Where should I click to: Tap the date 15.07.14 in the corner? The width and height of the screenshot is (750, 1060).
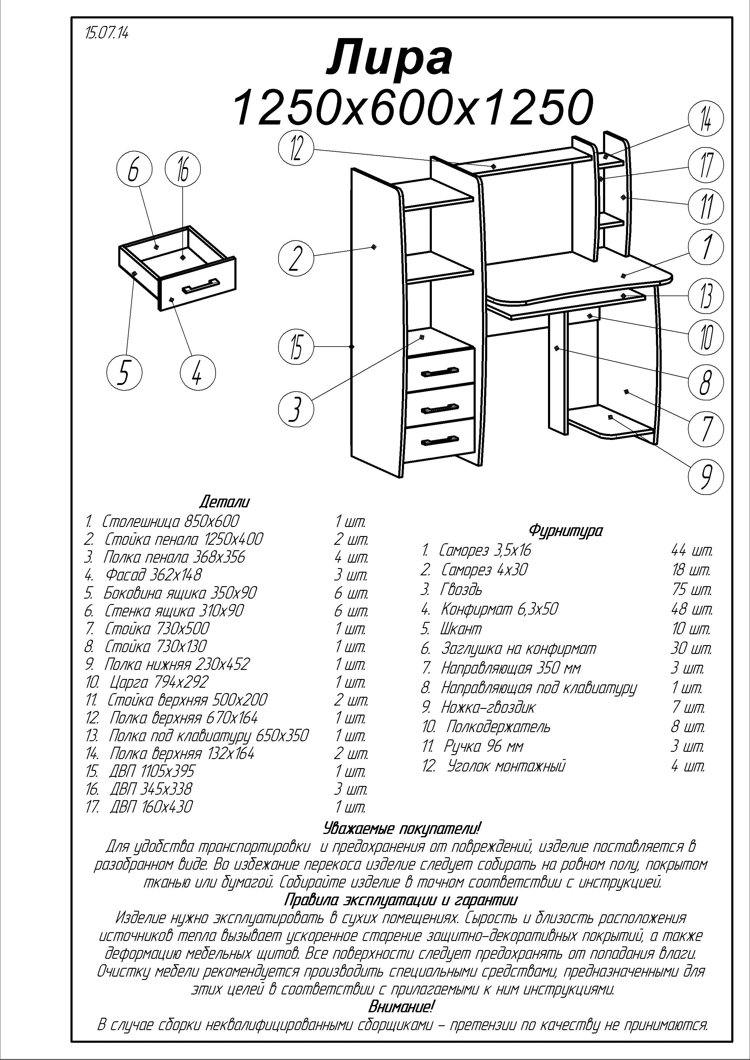pyautogui.click(x=107, y=33)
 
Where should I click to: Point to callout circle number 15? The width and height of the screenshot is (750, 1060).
pyautogui.click(x=296, y=347)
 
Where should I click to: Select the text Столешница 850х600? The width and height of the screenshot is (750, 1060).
pyautogui.click(x=170, y=521)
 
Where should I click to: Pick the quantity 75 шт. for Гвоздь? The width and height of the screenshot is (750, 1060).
pyautogui.click(x=692, y=590)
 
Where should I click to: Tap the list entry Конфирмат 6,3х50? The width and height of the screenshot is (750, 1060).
pyautogui.click(x=499, y=609)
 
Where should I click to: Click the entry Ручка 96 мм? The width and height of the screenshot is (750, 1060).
pyautogui.click(x=483, y=746)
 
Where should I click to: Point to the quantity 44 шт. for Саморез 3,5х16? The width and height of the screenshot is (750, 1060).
pyautogui.click(x=692, y=550)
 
